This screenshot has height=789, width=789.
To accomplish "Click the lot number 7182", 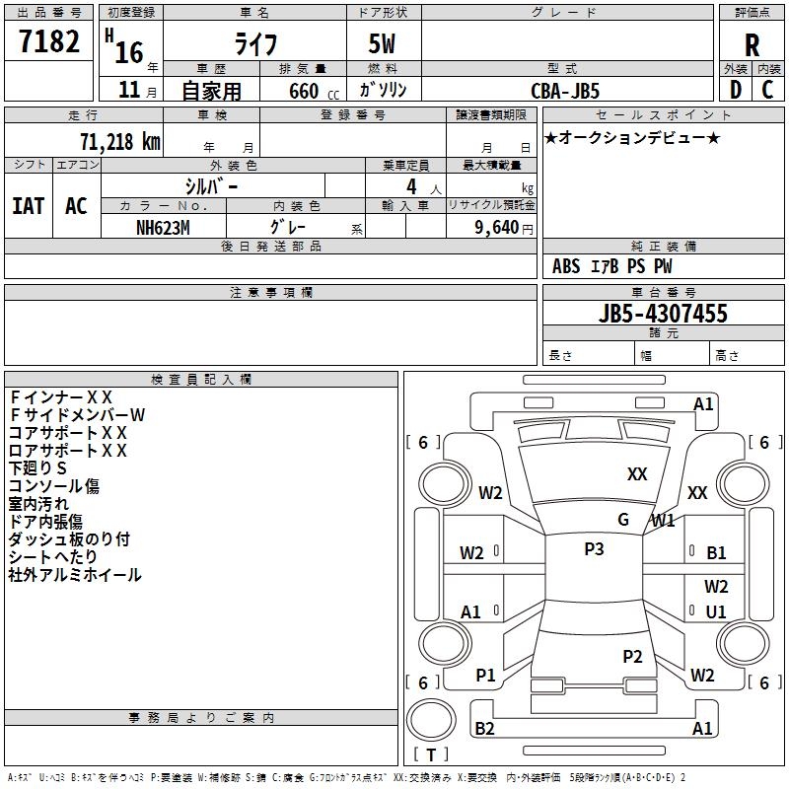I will [50, 42].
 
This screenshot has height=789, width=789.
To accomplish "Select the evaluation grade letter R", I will [752, 44].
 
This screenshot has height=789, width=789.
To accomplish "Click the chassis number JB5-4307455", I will [663, 314].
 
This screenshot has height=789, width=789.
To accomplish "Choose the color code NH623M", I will [163, 227].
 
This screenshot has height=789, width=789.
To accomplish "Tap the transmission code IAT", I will [28, 206].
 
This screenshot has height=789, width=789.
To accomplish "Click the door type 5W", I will [384, 44].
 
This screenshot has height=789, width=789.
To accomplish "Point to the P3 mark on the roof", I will [594, 549].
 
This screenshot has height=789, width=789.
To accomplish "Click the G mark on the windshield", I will [623, 520].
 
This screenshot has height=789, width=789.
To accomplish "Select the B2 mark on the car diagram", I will [484, 729].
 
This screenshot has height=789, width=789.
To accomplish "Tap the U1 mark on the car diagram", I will [716, 611].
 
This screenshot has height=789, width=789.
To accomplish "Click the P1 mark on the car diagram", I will [485, 675].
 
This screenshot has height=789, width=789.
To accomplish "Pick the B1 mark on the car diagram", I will [716, 553].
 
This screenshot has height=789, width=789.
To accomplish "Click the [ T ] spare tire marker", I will [431, 755].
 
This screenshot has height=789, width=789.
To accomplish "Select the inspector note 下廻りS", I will [37, 468].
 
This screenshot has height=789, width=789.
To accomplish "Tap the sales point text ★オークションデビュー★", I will [631, 137].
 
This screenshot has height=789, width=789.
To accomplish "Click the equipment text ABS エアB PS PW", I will [612, 266].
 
